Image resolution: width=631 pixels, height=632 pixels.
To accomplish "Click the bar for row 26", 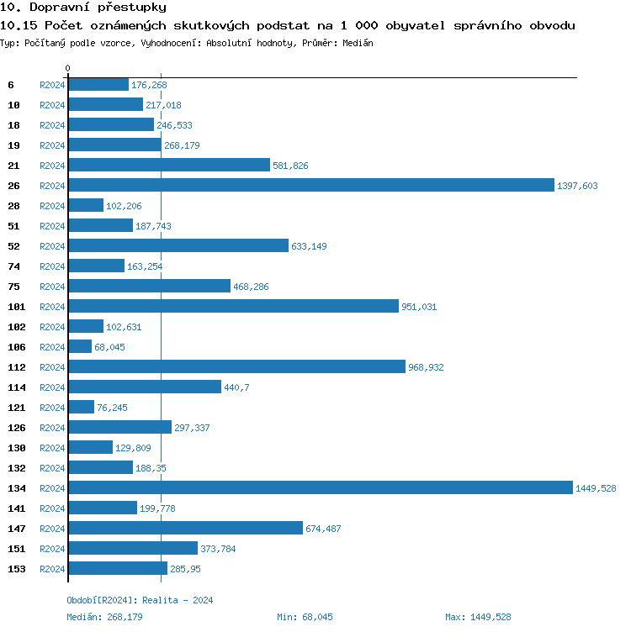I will (x=311, y=185).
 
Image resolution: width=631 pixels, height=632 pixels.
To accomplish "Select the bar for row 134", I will (x=321, y=487).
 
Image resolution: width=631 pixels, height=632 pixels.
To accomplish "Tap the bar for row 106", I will (x=80, y=346).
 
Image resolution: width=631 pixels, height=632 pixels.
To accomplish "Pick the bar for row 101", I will (x=233, y=306).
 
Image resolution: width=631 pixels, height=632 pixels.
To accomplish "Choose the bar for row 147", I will (x=185, y=528).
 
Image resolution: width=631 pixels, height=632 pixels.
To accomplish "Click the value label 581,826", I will (x=290, y=166).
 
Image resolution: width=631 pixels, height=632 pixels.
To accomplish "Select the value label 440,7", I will (x=238, y=387).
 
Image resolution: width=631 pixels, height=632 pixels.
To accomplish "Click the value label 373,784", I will (x=218, y=549).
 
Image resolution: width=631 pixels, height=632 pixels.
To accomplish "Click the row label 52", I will (x=13, y=246).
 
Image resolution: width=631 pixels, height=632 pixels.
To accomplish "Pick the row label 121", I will (x=16, y=408).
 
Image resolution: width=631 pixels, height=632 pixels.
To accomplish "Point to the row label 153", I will (x=16, y=569).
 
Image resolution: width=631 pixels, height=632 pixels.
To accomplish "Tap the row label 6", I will (x=11, y=85).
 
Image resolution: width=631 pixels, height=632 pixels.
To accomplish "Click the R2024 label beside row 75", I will (x=52, y=287).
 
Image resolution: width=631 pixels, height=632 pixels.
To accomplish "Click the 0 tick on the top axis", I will (x=68, y=68).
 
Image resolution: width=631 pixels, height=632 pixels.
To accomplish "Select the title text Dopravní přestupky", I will (x=83, y=8).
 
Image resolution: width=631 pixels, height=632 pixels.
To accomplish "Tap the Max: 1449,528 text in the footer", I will (x=478, y=617).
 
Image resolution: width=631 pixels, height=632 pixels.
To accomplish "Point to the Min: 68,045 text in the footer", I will (x=305, y=617).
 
